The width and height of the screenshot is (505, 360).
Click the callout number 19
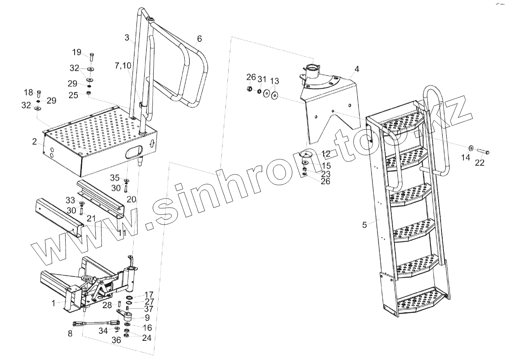pos(77,52)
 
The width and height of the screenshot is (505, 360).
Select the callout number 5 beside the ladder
pos(365,224)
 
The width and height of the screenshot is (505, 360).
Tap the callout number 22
pos(480,162)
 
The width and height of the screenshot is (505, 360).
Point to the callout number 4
pos(357,69)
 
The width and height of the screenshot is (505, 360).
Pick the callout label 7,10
pos(123,66)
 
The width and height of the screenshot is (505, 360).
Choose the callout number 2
pos(35,142)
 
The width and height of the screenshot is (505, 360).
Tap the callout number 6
pos(199,39)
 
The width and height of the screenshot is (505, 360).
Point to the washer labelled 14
pos(471,148)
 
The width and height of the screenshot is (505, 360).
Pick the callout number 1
pos(53,303)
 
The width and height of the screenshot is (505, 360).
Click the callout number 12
pos(326,154)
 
